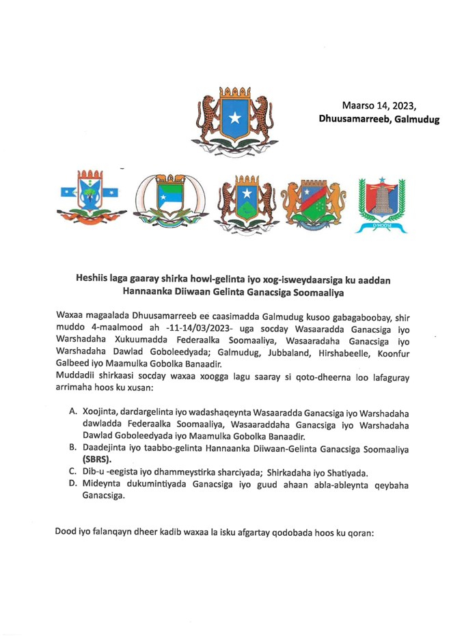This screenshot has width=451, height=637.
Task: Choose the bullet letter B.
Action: click(73, 447)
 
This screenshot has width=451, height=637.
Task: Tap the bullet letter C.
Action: click(73, 472)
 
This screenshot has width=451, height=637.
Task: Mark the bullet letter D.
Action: click(73, 484)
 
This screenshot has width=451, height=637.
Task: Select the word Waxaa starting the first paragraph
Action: click(70, 317)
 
